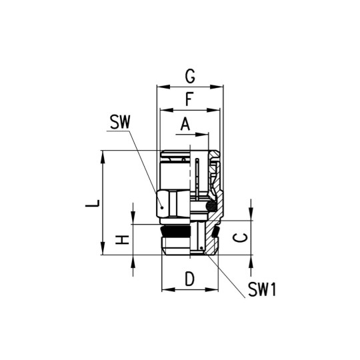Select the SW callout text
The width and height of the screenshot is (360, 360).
pyautogui.click(x=121, y=123)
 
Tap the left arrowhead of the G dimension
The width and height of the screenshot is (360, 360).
pyautogui.click(x=159, y=86)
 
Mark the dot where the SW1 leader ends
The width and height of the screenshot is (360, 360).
pyautogui.click(x=201, y=251)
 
